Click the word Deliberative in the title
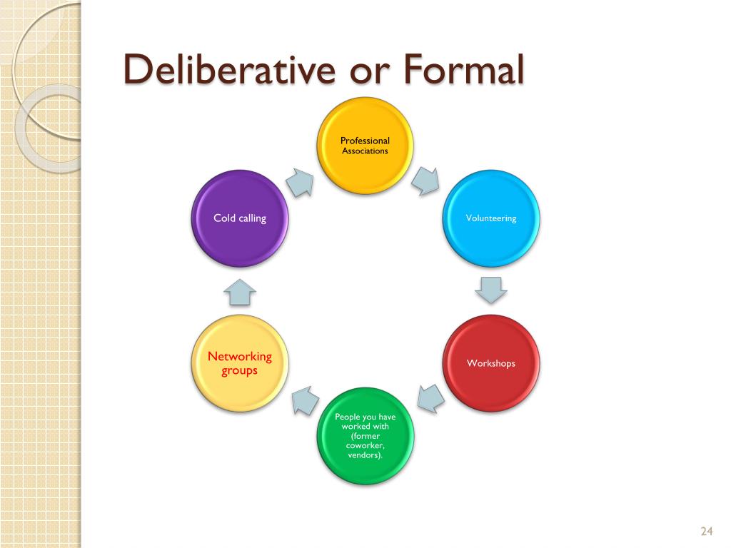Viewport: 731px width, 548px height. click(x=222, y=71)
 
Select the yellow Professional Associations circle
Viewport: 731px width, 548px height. click(x=365, y=146)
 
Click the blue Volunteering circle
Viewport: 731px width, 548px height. click(x=491, y=218)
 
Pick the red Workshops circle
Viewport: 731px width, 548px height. click(x=491, y=363)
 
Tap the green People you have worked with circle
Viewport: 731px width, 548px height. click(x=365, y=435)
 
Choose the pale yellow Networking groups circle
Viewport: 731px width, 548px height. click(x=240, y=363)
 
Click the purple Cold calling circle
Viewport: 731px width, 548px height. click(x=240, y=218)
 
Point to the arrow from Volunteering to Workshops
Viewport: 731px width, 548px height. click(x=491, y=289)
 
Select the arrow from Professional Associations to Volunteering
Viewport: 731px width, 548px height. click(x=427, y=181)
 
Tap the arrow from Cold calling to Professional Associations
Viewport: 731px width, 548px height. click(x=301, y=182)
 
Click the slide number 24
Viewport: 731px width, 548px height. click(x=707, y=531)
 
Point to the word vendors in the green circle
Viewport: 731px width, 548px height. click(x=365, y=455)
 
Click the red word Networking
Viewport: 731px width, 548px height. click(x=240, y=356)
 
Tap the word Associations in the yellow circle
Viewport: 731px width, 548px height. click(x=365, y=151)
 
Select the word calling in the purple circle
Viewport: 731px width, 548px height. click(x=252, y=218)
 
